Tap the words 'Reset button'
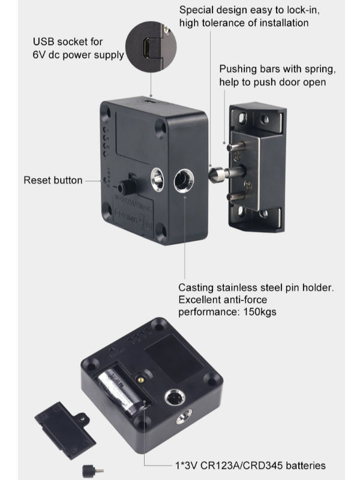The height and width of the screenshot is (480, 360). coord(53,180)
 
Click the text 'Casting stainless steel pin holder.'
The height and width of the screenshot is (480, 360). coord(256,288)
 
